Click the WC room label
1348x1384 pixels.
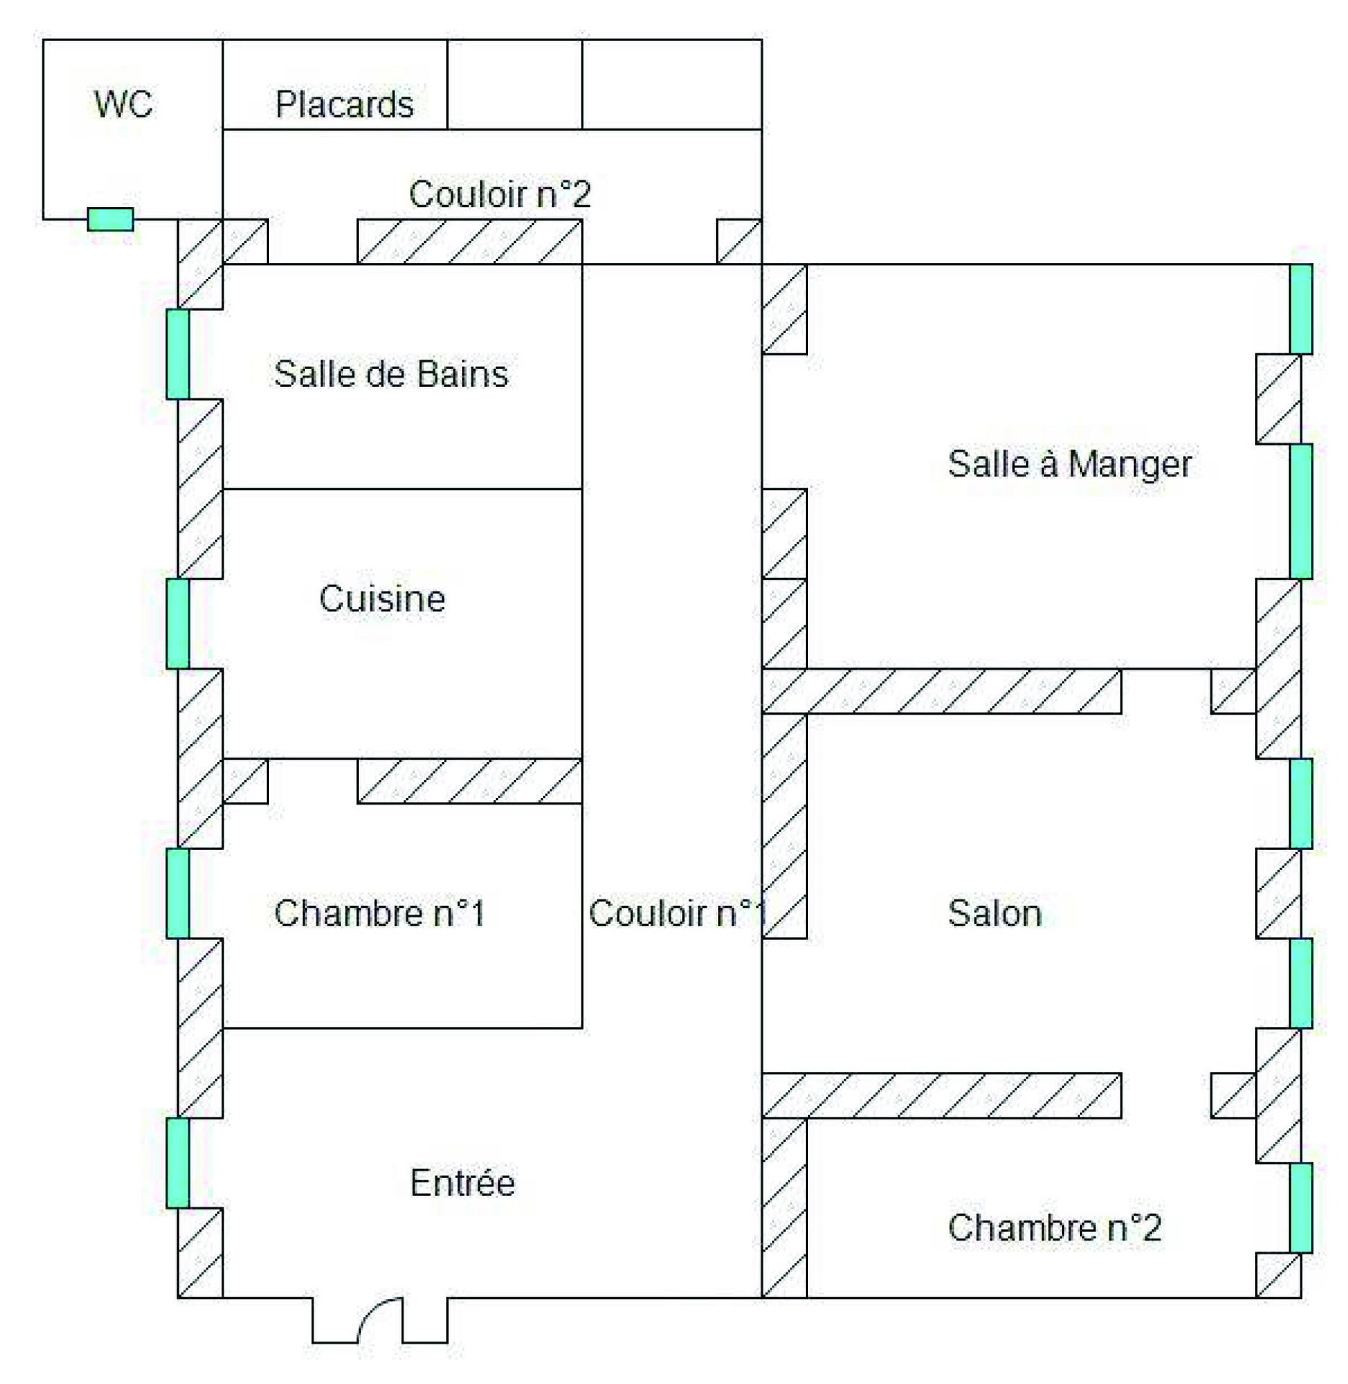click(x=123, y=105)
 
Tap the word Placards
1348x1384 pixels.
click(x=345, y=105)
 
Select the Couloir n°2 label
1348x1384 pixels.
click(x=500, y=194)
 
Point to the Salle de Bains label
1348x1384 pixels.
click(x=391, y=374)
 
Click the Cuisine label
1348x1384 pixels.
click(x=382, y=599)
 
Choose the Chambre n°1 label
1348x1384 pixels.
click(x=379, y=913)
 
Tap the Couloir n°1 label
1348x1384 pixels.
click(x=676, y=913)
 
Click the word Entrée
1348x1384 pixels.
click(x=463, y=1183)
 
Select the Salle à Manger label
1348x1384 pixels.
click(x=1069, y=463)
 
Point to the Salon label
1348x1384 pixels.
click(x=994, y=913)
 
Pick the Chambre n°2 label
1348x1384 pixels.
click(x=1054, y=1228)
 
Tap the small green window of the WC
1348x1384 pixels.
click(x=110, y=219)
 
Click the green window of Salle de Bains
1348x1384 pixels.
click(x=177, y=354)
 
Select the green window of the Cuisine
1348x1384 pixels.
click(x=177, y=624)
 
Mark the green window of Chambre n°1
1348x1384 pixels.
click(x=177, y=893)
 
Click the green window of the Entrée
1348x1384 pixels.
click(x=177, y=1163)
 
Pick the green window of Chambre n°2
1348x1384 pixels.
click(x=1300, y=1208)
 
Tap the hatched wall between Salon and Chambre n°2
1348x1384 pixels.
click(x=941, y=1096)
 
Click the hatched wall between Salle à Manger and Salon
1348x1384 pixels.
click(x=941, y=691)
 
